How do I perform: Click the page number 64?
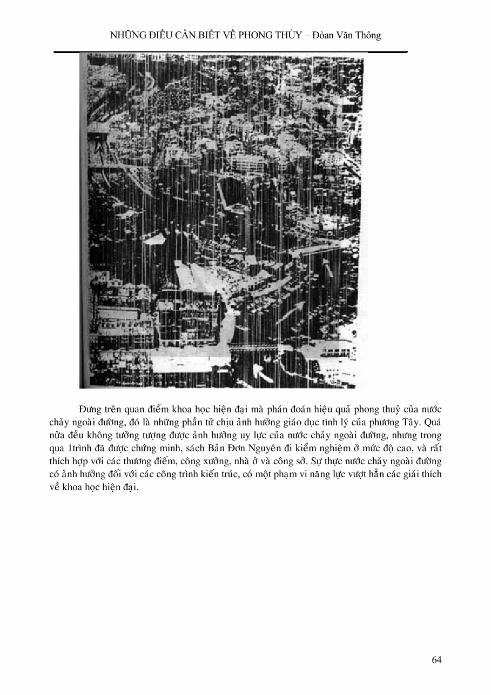(437, 660)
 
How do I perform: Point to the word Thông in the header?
(368, 36)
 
